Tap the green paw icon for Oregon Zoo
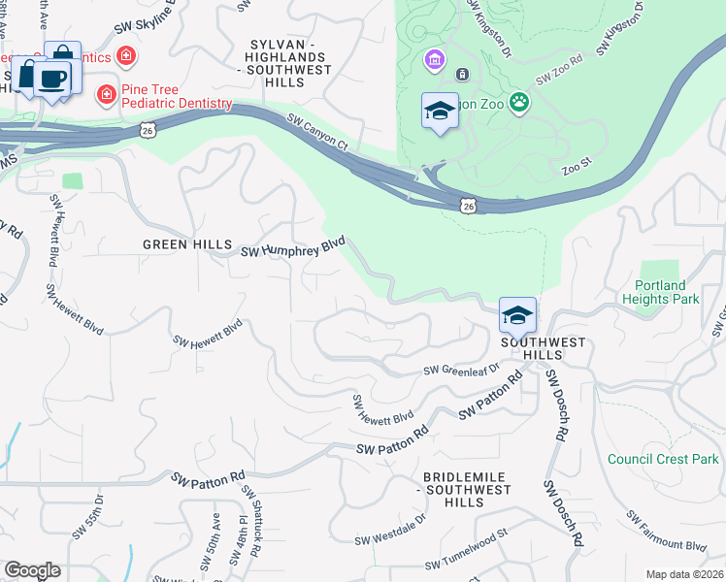coord(520,101)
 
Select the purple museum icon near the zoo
coord(434,61)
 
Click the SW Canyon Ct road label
coord(317,133)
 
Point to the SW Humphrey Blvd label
coord(293,247)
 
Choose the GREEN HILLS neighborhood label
coord(187,244)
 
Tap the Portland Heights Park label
coord(674,292)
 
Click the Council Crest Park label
coord(663,459)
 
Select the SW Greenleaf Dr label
coord(461,370)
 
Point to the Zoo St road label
coord(577,169)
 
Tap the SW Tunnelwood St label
coord(467,564)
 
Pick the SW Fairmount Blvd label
coord(666,532)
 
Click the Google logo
coord(32,570)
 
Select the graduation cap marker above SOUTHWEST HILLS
coord(518,314)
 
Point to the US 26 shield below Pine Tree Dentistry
coord(147,129)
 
